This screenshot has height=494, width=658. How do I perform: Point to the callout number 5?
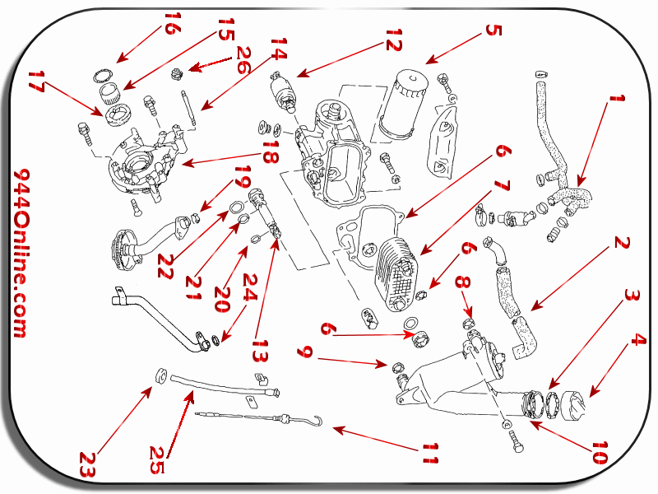pyautogui.click(x=493, y=30)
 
